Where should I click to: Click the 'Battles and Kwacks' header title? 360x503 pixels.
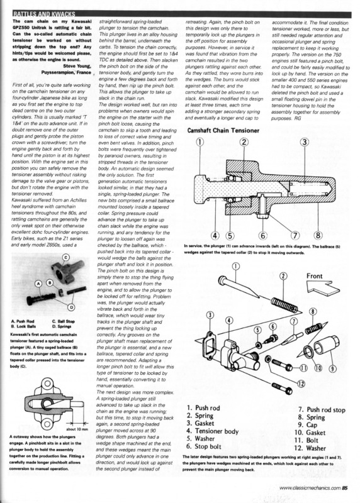(43, 14)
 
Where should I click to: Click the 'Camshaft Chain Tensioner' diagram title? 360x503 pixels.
(223, 130)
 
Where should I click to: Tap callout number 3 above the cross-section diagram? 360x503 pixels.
(304, 142)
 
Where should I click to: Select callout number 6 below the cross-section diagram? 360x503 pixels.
(262, 236)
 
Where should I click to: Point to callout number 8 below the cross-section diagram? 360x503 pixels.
(318, 235)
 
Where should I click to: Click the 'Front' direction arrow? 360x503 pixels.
(323, 287)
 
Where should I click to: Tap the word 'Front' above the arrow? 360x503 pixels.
(315, 276)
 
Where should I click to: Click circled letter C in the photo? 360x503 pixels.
(66, 257)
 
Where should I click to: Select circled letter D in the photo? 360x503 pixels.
(71, 307)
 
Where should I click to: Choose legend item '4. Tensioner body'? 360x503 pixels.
(212, 431)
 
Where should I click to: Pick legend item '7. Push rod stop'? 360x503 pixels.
(322, 410)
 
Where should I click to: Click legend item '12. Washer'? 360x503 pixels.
(310, 448)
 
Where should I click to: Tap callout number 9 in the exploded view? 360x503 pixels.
(333, 368)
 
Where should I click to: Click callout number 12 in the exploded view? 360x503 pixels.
(301, 383)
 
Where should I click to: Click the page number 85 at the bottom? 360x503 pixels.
(345, 488)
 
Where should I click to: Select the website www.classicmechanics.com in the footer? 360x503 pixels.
(310, 488)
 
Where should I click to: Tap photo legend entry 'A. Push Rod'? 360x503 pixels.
(23, 321)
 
